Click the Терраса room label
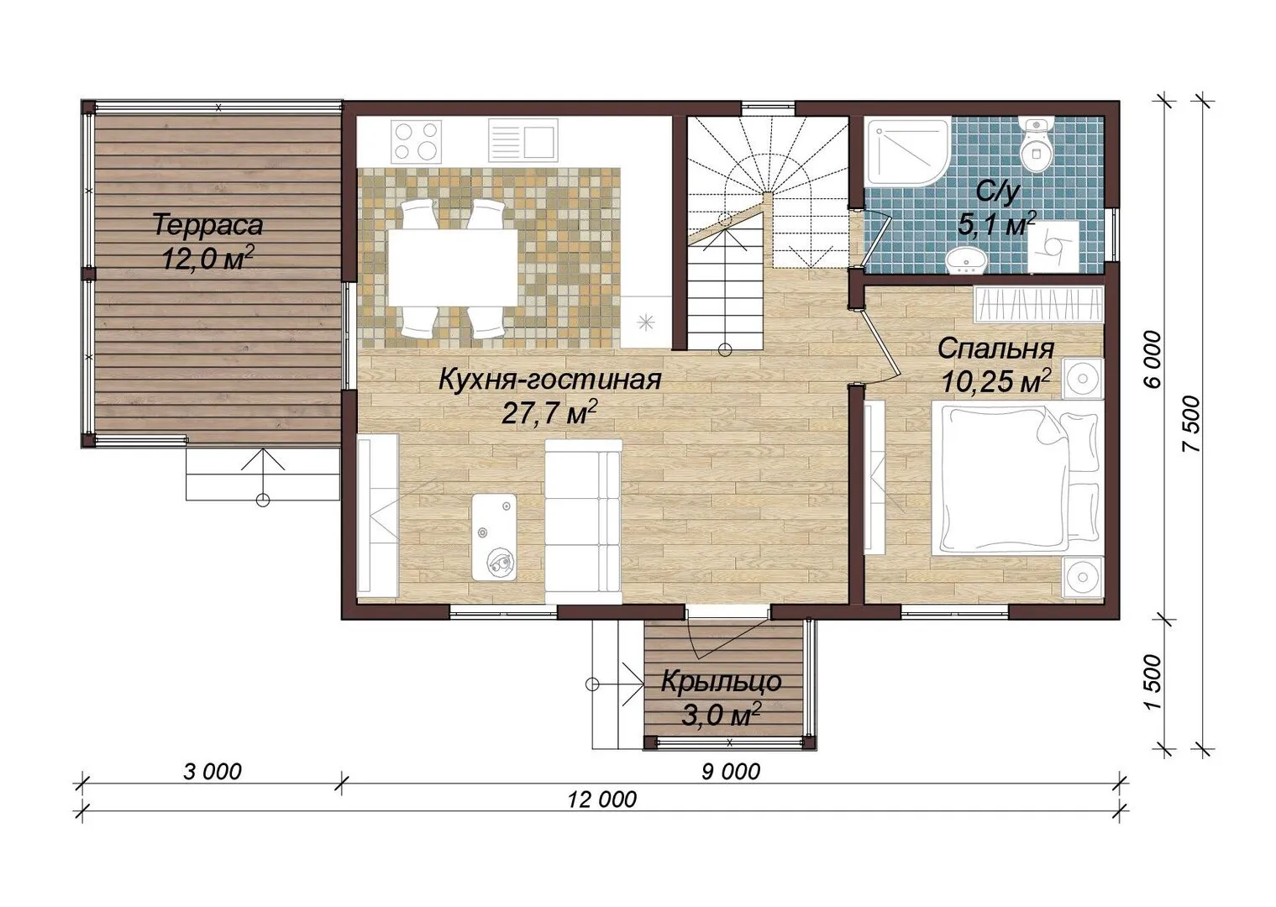(x=208, y=225)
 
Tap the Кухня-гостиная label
(x=549, y=380)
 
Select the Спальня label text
(x=995, y=349)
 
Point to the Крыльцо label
(x=721, y=682)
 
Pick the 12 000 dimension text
(x=602, y=800)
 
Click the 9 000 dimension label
(x=731, y=772)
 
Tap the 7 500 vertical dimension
(x=1191, y=423)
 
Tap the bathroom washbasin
(x=965, y=261)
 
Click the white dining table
(x=453, y=268)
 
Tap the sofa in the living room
(x=583, y=521)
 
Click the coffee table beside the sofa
(x=494, y=537)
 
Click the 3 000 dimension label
(x=213, y=772)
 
